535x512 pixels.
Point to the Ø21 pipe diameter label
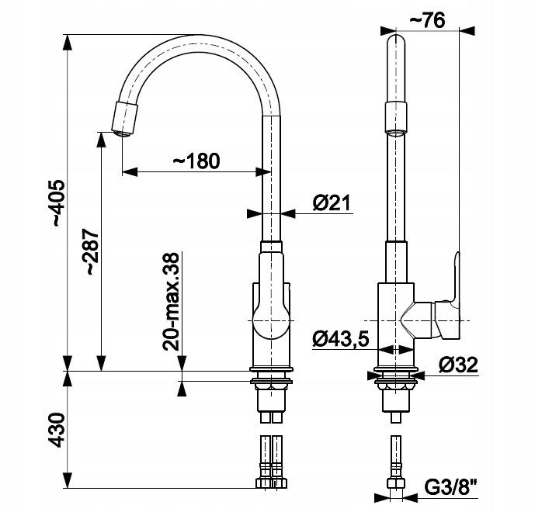tap(332, 202)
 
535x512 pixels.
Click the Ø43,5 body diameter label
tap(340, 338)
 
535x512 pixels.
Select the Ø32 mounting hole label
tap(456, 364)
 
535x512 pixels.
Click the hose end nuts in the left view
tap(271, 482)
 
